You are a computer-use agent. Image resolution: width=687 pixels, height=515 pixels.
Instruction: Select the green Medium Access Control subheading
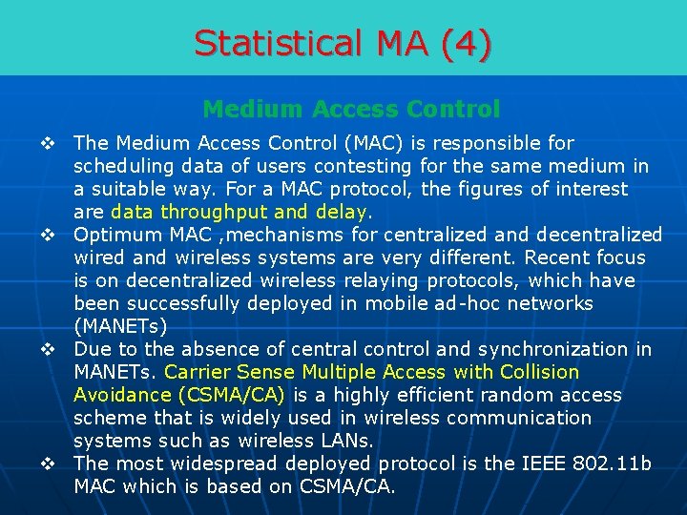351,110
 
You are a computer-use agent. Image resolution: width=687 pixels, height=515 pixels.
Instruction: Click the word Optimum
117,236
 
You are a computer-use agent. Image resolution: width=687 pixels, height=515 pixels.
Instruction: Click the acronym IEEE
541,464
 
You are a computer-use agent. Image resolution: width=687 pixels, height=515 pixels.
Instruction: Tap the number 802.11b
613,464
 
